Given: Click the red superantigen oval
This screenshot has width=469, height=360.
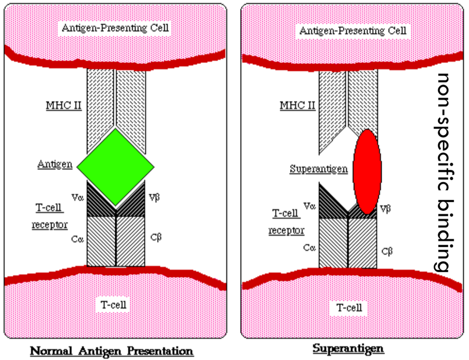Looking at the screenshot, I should point(367,171).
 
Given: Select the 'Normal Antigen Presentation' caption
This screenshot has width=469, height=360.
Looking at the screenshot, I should point(112,350).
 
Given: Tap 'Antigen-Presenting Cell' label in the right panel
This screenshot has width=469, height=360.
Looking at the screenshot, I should point(353,30).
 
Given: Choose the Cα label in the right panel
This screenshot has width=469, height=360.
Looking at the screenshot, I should point(309,248).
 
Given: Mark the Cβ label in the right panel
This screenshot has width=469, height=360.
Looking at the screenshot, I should point(388,251).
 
